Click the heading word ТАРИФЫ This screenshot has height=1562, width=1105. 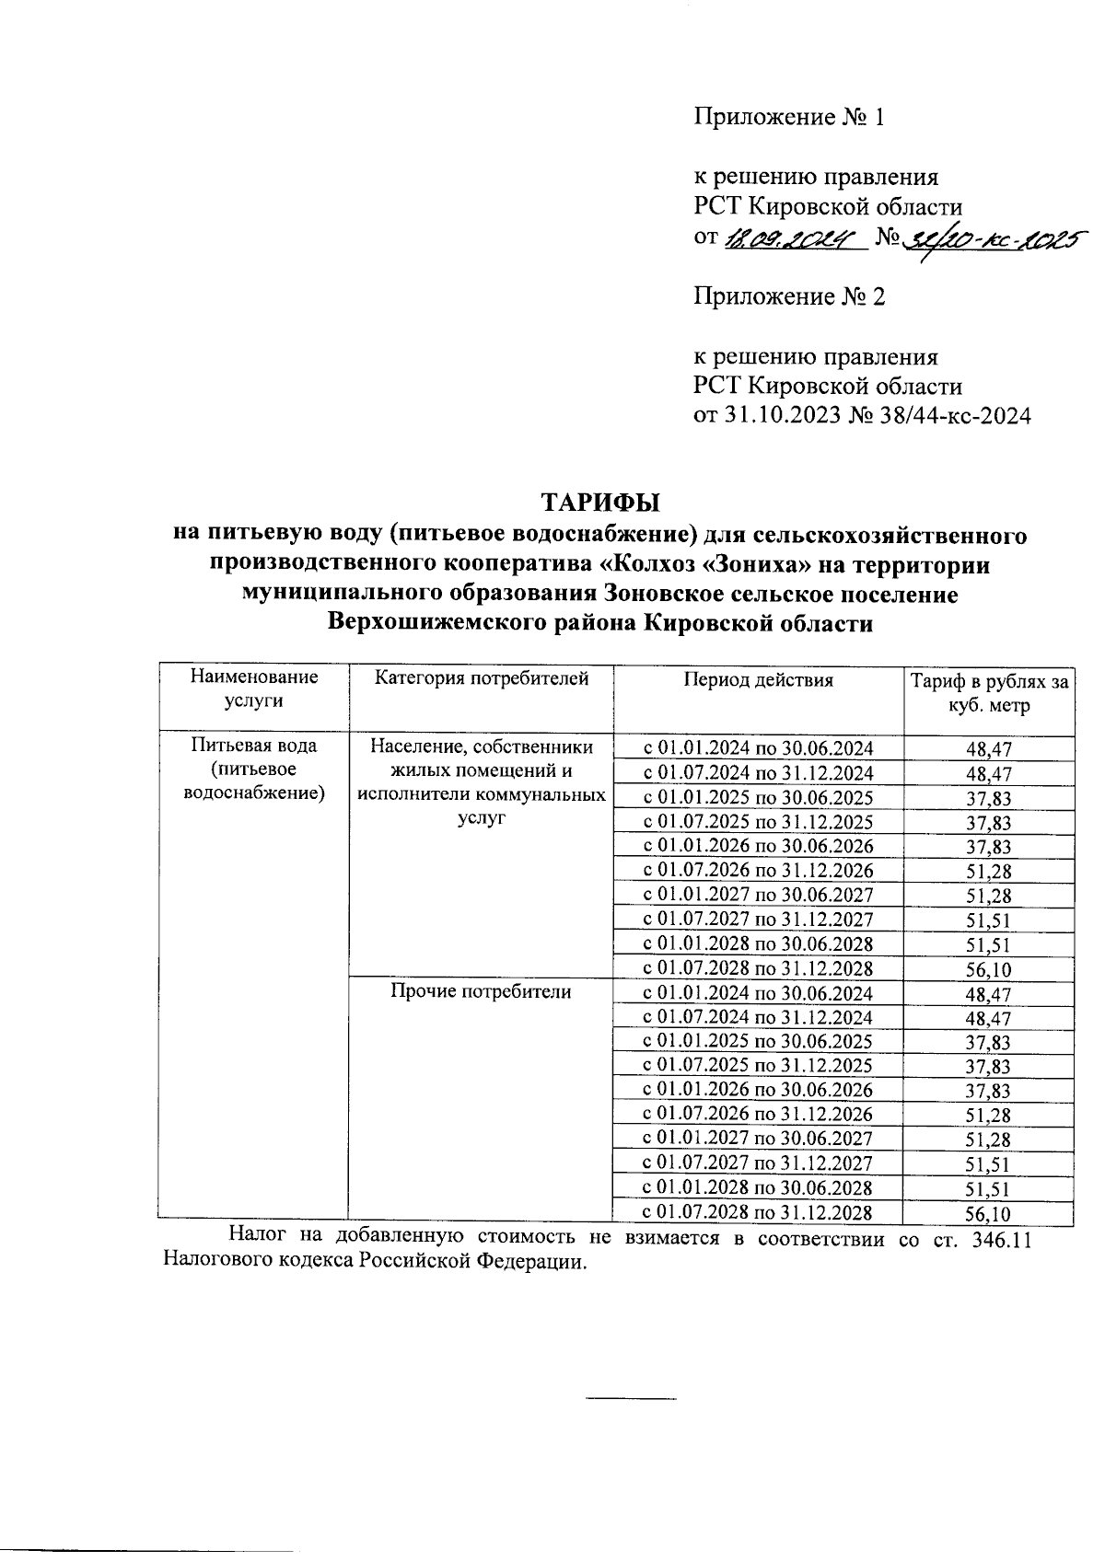(x=600, y=503)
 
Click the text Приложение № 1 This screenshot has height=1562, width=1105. (x=789, y=118)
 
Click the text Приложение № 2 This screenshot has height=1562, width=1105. (x=789, y=297)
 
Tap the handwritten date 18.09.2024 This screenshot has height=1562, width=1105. (x=789, y=240)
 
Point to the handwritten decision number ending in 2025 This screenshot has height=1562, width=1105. (x=992, y=238)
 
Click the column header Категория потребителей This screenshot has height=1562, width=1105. (x=481, y=679)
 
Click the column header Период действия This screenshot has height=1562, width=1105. (x=758, y=680)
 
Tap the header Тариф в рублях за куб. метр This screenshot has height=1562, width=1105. (x=989, y=694)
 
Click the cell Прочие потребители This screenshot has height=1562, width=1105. (x=481, y=991)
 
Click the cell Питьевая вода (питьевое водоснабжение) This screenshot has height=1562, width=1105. (x=253, y=769)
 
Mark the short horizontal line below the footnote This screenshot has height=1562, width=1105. (x=631, y=1400)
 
